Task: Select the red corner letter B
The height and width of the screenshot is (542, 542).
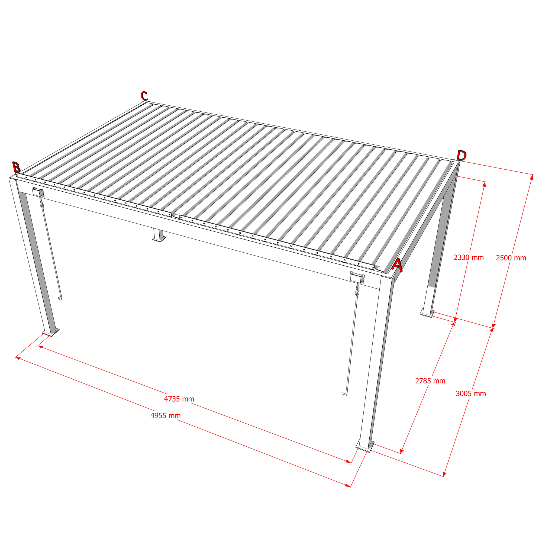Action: pyautogui.click(x=16, y=167)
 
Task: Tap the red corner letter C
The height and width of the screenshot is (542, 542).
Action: pyautogui.click(x=144, y=96)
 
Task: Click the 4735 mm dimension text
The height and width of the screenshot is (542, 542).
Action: pyautogui.click(x=179, y=399)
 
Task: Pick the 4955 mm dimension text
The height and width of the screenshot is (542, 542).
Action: pyautogui.click(x=166, y=415)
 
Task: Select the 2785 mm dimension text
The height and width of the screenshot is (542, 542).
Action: pyautogui.click(x=430, y=381)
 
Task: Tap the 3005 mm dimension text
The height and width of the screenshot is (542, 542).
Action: pyautogui.click(x=471, y=393)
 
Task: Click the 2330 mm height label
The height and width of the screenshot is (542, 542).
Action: pyautogui.click(x=469, y=257)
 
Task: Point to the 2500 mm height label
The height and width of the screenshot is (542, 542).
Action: pyautogui.click(x=511, y=258)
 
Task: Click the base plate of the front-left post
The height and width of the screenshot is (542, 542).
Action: pyautogui.click(x=50, y=332)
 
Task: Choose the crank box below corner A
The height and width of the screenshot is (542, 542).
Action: pyautogui.click(x=357, y=277)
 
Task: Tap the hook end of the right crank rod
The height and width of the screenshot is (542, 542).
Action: pyautogui.click(x=344, y=394)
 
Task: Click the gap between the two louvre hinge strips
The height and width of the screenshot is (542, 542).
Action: pyautogui.click(x=175, y=216)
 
